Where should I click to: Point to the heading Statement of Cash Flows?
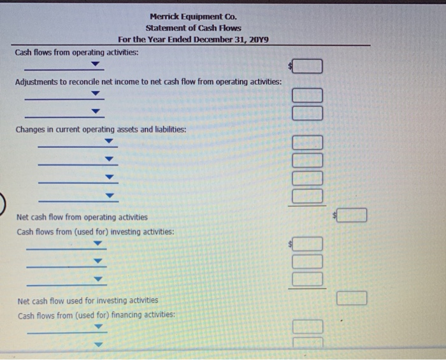pyautogui.click(x=193, y=29)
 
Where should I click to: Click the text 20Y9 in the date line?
pyautogui.click(x=258, y=40)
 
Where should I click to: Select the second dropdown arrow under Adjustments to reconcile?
pyautogui.click(x=95, y=112)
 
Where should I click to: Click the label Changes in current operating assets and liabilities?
pyautogui.click(x=101, y=129)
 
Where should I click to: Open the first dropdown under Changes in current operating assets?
pyautogui.click(x=109, y=142)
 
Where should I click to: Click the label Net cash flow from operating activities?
pyautogui.click(x=82, y=217)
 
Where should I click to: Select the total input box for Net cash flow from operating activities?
pyautogui.click(x=353, y=217)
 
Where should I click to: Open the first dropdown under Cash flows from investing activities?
pyautogui.click(x=97, y=244)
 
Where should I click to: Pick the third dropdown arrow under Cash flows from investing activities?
pyautogui.click(x=98, y=279)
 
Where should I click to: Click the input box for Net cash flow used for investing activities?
pyautogui.click(x=353, y=298)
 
